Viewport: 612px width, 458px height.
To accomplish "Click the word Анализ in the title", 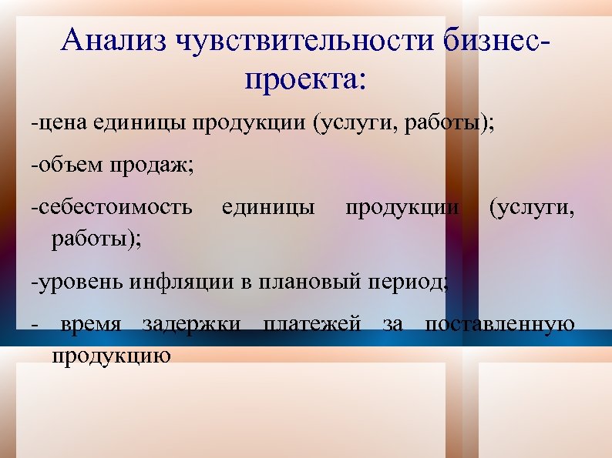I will [x=114, y=41].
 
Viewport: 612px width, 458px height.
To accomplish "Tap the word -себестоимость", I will [x=112, y=208].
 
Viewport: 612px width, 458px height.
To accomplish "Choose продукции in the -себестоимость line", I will [x=402, y=208].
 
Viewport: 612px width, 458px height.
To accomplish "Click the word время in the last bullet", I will [x=90, y=323].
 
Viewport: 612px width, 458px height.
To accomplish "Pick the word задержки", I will [x=191, y=323].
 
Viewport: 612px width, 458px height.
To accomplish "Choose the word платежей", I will [x=312, y=323].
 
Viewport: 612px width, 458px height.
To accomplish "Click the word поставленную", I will [x=499, y=323].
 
